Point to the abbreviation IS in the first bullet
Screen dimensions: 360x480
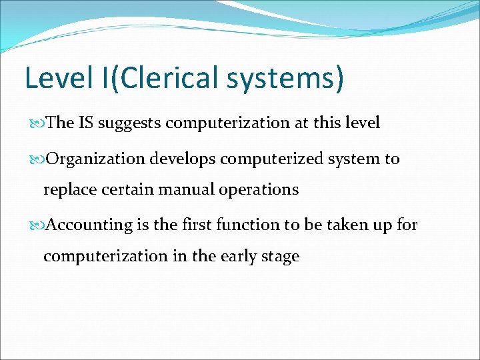tap(87, 123)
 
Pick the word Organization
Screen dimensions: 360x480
tap(96, 159)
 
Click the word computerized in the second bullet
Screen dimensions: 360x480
tap(267, 159)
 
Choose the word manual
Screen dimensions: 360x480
tap(175, 189)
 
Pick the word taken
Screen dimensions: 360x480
tap(351, 225)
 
